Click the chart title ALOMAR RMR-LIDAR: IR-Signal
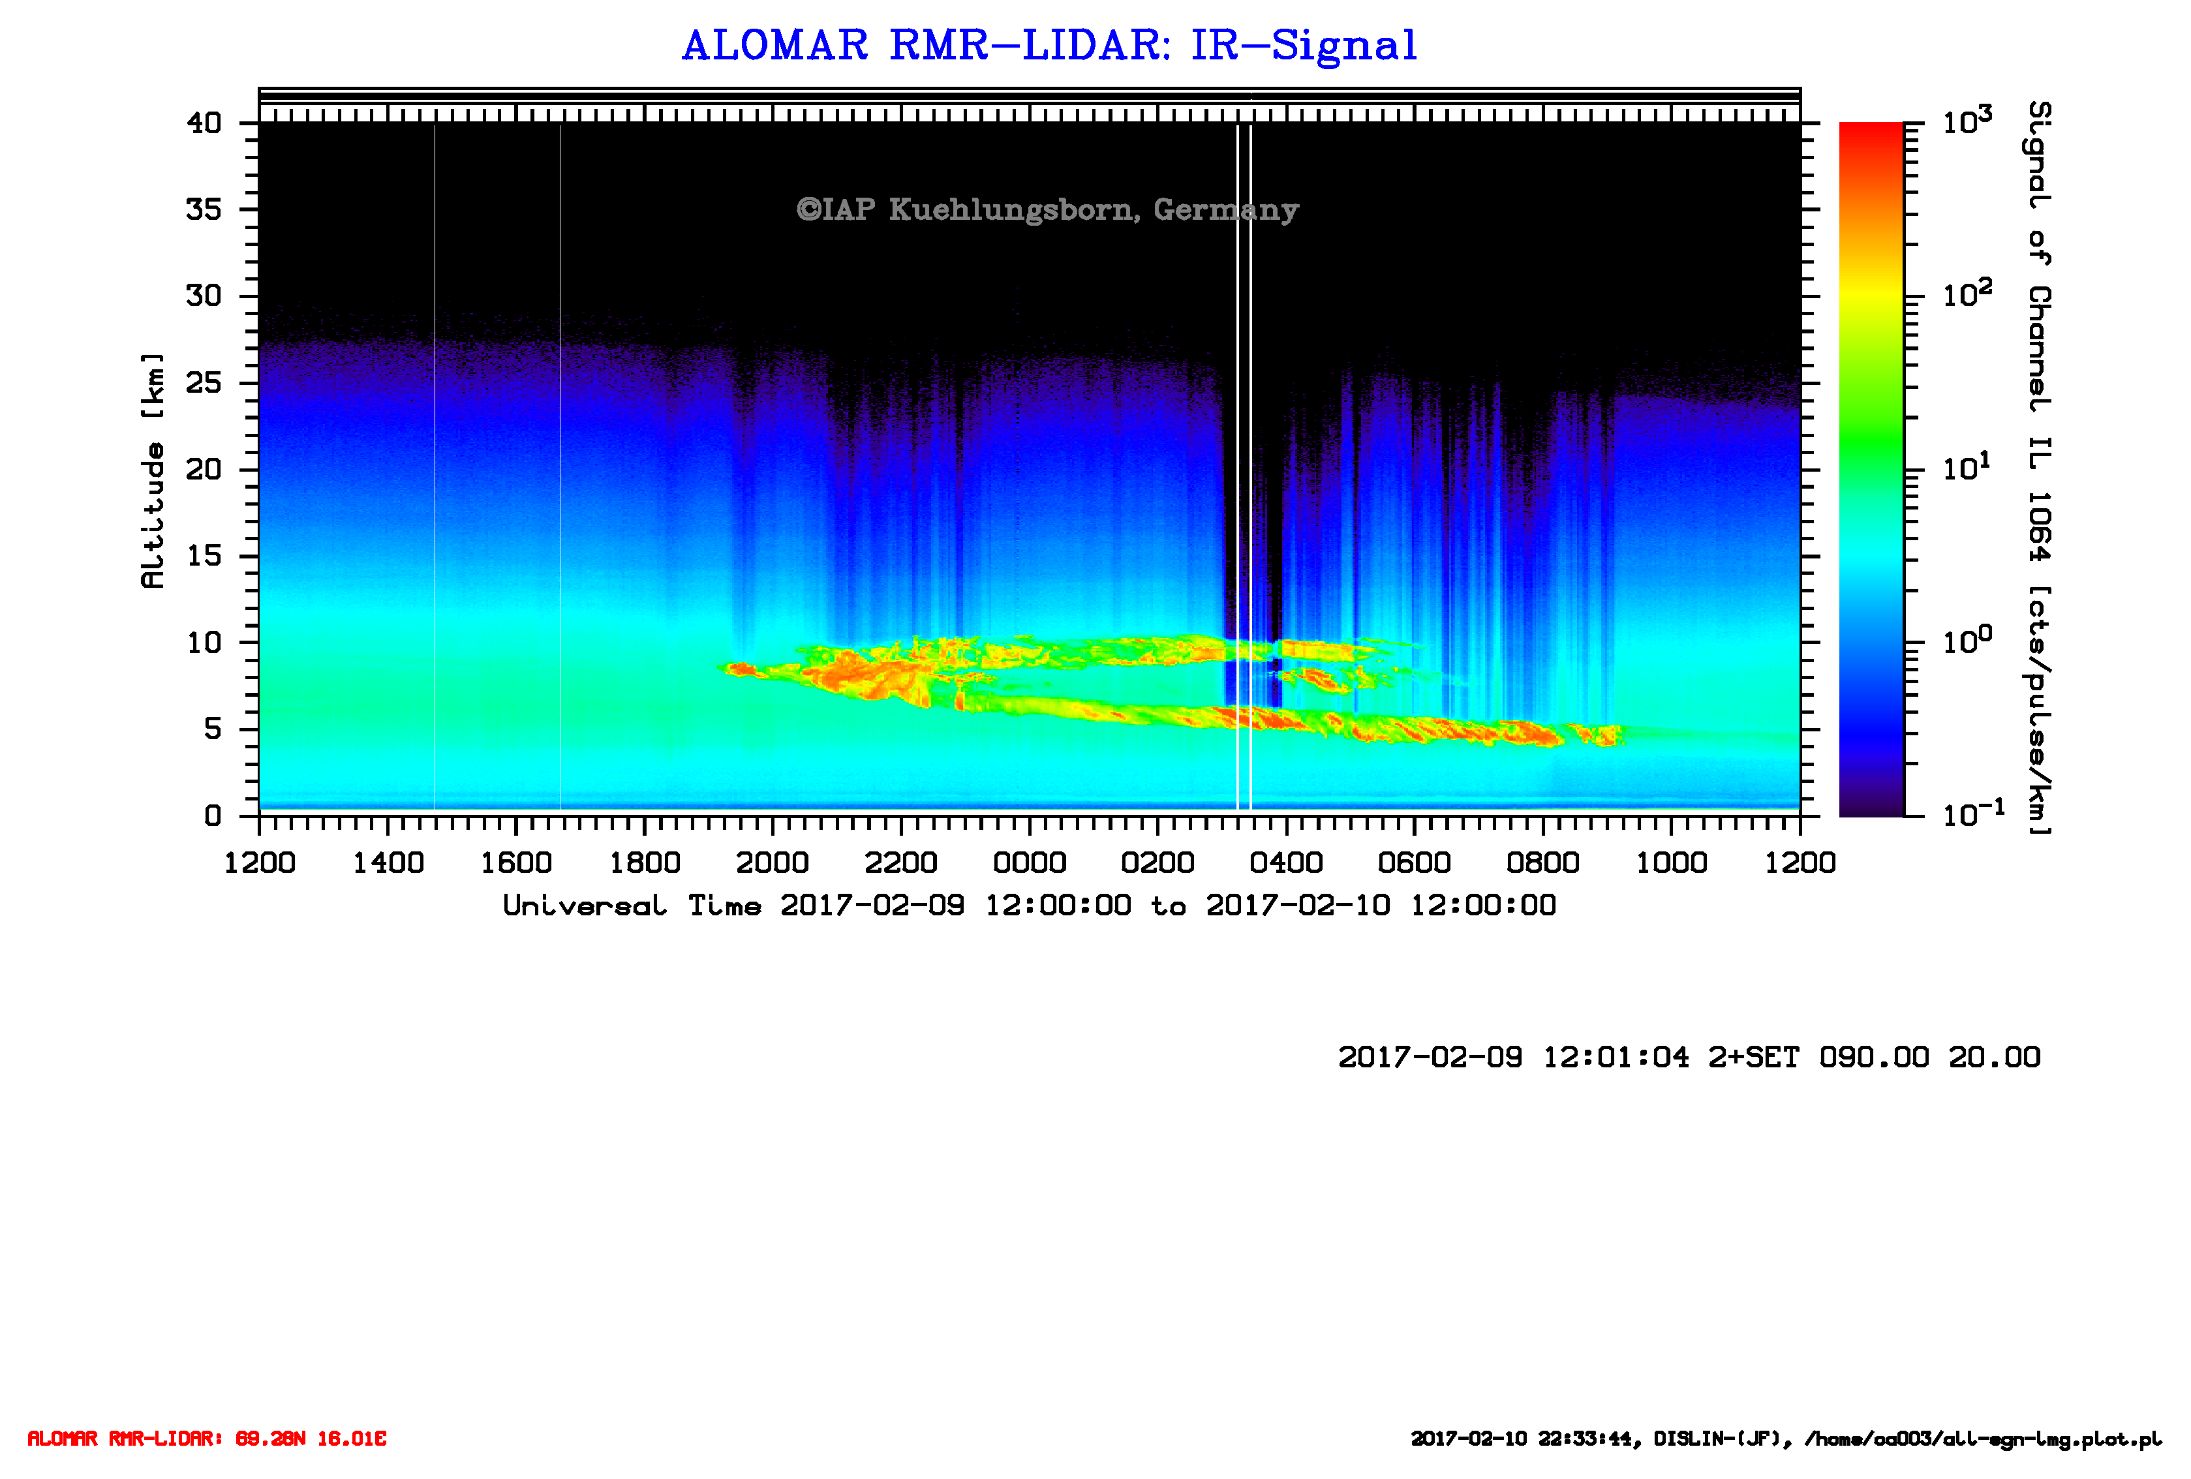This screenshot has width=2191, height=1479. click(1049, 45)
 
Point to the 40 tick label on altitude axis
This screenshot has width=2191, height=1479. click(204, 123)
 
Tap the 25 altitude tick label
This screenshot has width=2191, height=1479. click(204, 383)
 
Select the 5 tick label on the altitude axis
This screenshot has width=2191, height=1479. click(213, 729)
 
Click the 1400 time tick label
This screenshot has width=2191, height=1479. click(388, 862)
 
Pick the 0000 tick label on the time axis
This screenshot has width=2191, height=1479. click(1030, 862)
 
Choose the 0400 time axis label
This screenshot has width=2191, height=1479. click(1286, 862)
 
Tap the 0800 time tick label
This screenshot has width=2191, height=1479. click(1542, 862)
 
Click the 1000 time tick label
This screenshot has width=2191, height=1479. click(1672, 862)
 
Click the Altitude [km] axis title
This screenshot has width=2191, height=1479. click(152, 470)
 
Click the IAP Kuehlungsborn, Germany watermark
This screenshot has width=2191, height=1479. click(1047, 209)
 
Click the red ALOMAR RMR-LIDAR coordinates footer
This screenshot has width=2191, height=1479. click(206, 1439)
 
